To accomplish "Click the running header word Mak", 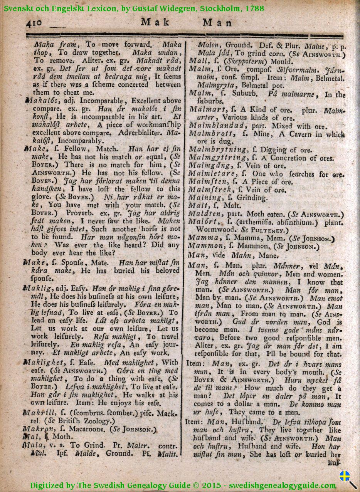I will coord(155,22).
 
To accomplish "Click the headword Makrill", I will coord(37,413).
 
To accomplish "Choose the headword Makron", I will coord(36,428).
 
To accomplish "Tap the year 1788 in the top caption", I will coord(255,7).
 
